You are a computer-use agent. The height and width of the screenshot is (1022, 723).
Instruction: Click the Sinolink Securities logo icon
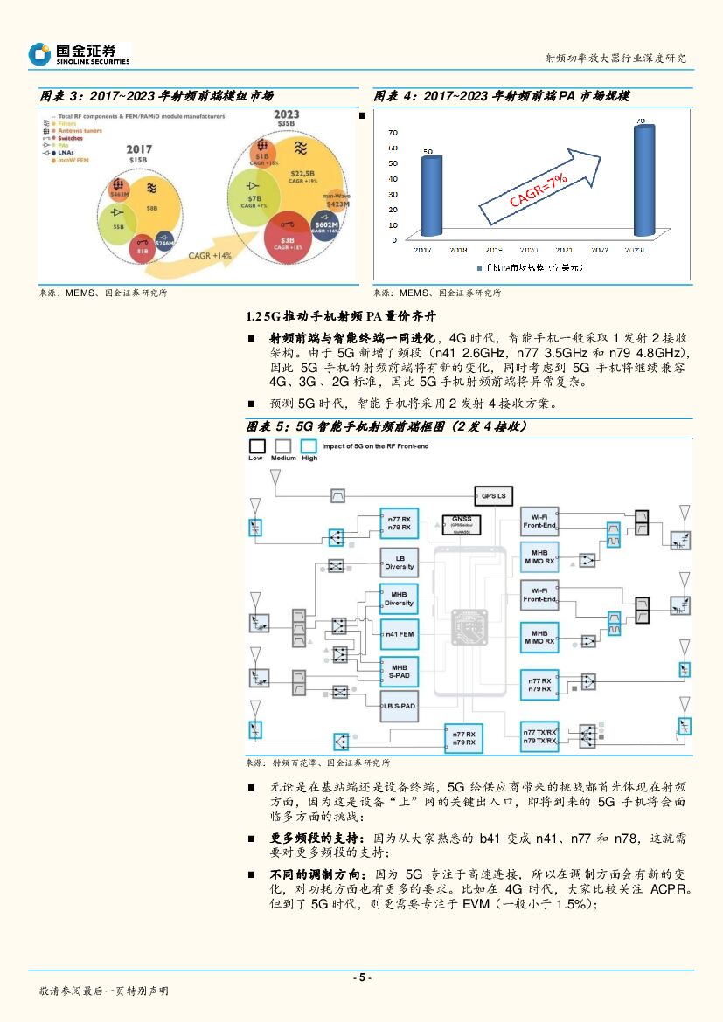pos(39,54)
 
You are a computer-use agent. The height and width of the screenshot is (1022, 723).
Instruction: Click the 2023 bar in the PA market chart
pos(643,181)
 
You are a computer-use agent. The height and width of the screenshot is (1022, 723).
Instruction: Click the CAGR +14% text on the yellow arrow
pos(211,255)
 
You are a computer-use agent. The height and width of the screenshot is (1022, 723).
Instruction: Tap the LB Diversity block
pos(400,563)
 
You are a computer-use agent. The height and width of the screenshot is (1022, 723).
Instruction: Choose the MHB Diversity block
pos(400,598)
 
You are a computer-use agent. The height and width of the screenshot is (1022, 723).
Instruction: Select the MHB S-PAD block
pos(400,671)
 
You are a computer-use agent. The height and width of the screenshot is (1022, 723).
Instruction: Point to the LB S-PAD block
pos(400,705)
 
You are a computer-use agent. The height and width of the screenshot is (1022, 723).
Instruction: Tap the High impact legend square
pos(309,446)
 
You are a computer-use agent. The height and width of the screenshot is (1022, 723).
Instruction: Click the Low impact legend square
pos(255,446)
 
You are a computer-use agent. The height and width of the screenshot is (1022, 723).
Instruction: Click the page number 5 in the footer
pos(361,977)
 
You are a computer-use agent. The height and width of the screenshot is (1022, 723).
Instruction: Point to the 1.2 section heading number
pos(254,315)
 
